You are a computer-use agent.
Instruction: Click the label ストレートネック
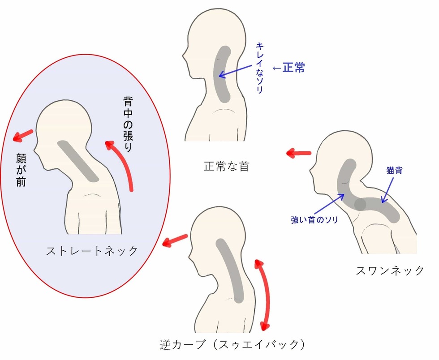pyautogui.click(x=92, y=251)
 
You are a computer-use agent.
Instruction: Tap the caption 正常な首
pyautogui.click(x=226, y=166)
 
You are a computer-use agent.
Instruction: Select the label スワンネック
pyautogui.click(x=390, y=270)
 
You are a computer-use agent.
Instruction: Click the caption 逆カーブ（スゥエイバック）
pyautogui.click(x=232, y=345)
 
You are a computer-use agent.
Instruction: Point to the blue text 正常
pyautogui.click(x=293, y=68)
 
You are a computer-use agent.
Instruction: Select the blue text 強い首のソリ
pyautogui.click(x=314, y=220)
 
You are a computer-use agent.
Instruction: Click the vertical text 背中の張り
pyautogui.click(x=128, y=124)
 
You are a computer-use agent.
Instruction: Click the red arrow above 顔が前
pyautogui.click(x=23, y=136)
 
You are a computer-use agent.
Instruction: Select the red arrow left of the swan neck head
pyautogui.click(x=299, y=153)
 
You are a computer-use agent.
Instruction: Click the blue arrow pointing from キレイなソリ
pyautogui.click(x=235, y=71)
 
